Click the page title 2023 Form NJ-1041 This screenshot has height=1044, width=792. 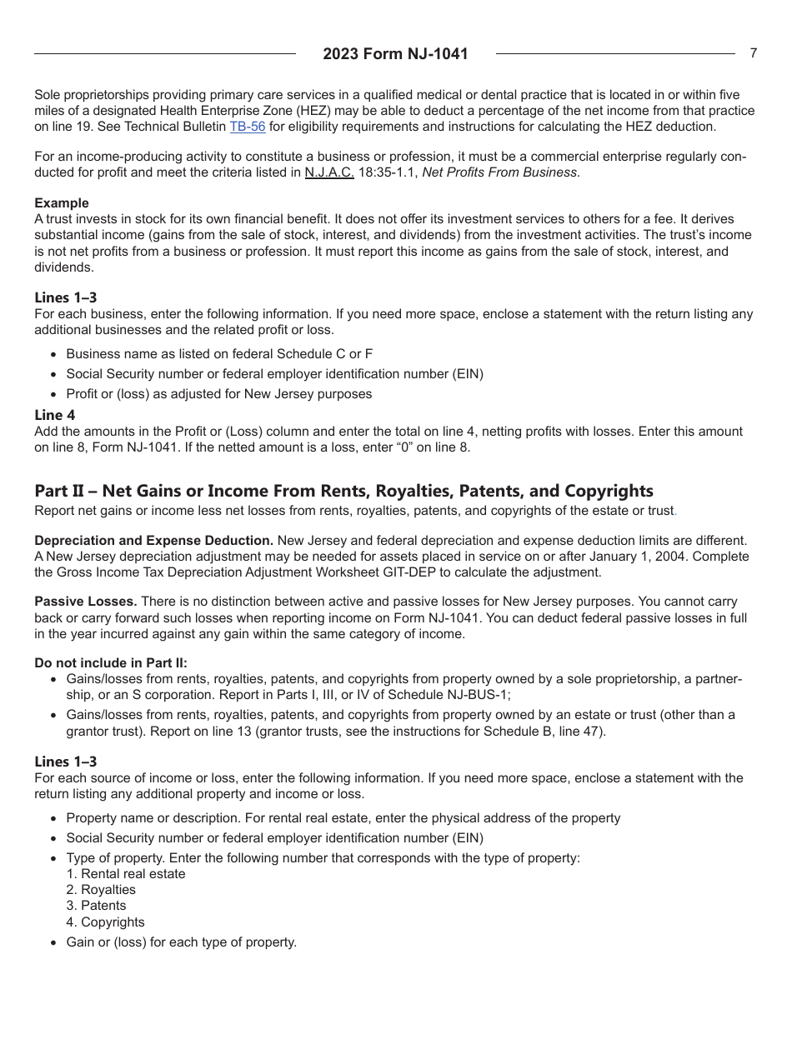(395, 54)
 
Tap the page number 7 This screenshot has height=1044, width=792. (753, 53)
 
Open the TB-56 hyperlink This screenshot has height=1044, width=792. (247, 127)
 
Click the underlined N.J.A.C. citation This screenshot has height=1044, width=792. (329, 172)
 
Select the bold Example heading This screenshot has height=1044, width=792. (61, 203)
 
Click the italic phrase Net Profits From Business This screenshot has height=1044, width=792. (499, 172)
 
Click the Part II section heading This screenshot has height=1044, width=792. (343, 491)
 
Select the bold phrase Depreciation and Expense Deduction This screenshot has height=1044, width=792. (153, 541)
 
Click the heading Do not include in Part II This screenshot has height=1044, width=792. (111, 663)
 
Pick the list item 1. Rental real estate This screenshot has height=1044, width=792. (126, 874)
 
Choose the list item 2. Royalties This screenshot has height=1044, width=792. (101, 890)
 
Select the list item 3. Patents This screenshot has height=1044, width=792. (96, 906)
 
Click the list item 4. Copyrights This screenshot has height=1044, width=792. (105, 922)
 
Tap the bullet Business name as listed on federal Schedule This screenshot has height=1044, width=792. (219, 354)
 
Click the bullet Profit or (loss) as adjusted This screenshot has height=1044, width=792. (218, 394)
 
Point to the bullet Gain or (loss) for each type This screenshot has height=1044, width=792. (181, 942)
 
